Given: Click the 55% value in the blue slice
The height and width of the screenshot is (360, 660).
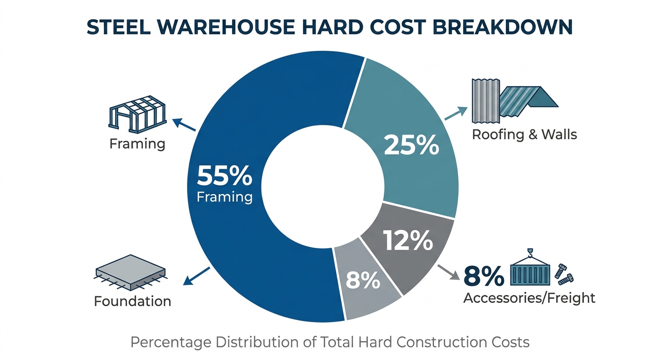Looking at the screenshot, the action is pos(225,176).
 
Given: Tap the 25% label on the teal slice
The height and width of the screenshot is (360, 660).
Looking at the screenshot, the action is pos(411,145).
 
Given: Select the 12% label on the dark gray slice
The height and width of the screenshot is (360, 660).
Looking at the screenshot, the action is pos(408,240).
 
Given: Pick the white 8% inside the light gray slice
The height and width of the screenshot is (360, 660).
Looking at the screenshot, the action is pos(363,280).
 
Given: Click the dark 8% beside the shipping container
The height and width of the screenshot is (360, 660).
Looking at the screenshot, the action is pos(483,277).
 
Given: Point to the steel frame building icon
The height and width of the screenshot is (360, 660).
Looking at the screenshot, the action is pos(137,114).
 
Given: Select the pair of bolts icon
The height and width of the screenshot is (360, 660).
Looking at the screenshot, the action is pos(564,275).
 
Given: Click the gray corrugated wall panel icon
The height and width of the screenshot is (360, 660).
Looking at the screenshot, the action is pos(486,101).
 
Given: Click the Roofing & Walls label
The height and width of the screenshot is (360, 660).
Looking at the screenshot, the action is pos(524,135).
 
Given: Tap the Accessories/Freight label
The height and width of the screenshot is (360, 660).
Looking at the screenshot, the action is pos(529,298).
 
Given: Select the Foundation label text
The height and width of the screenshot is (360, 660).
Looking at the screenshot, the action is pos(133,301).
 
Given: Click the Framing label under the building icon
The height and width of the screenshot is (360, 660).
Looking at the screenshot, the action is pos(137,144).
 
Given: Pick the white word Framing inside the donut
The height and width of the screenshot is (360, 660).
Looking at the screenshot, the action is pos(225,197).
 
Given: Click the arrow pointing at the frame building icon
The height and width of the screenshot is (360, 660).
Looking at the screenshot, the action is pos(184,124).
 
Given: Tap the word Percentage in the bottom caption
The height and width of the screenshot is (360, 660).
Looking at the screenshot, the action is pos(171,343).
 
